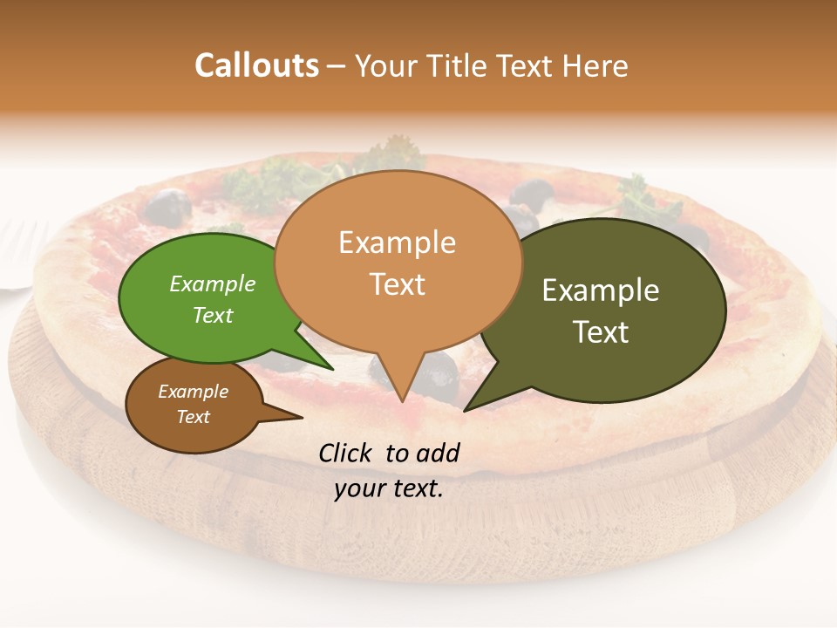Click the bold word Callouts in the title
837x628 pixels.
(x=256, y=65)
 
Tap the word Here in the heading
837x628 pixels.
(x=596, y=65)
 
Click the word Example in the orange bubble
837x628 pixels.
(x=397, y=242)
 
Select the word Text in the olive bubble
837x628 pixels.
(x=601, y=332)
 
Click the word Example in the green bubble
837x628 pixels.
(x=213, y=283)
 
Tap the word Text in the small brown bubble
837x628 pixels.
(x=193, y=417)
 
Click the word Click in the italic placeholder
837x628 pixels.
(x=347, y=453)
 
